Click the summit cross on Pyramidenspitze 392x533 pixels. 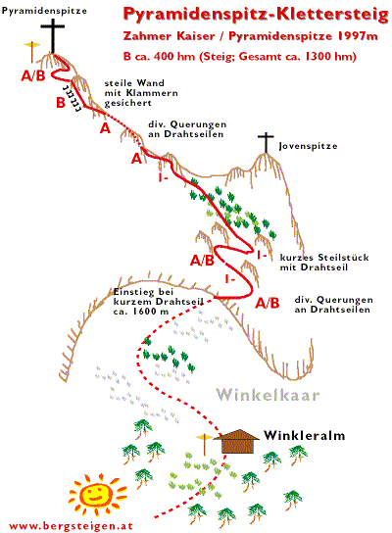click(53, 35)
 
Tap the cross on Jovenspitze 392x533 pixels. click(266, 142)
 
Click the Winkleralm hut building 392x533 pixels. click(237, 441)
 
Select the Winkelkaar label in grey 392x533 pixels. click(268, 395)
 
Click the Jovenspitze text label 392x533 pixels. click(308, 146)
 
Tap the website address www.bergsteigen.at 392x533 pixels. click(71, 526)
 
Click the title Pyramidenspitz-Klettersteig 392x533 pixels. click(256, 15)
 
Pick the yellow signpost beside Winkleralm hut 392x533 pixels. click(204, 444)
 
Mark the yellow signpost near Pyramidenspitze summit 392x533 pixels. click(32, 51)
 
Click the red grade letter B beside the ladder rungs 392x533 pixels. click(61, 102)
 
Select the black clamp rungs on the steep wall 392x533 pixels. click(73, 98)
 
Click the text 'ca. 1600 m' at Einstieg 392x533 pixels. click(141, 311)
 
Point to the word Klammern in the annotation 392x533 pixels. click(152, 93)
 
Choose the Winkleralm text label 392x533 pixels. click(304, 435)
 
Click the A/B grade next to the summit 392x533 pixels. click(33, 75)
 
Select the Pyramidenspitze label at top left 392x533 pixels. click(44, 11)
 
